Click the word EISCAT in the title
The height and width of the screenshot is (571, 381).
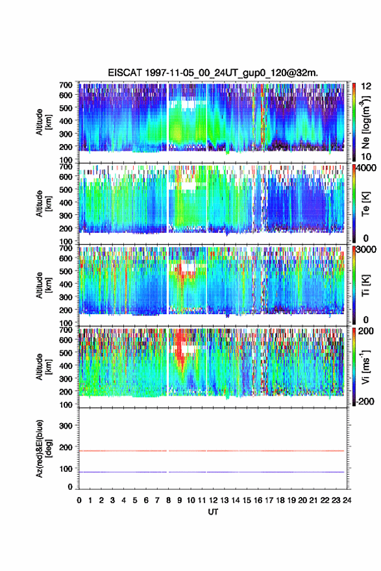coord(125,73)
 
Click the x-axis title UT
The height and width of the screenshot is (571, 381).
coord(213,512)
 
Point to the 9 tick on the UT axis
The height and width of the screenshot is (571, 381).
coord(180,500)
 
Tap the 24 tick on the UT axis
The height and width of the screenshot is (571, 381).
coord(347,500)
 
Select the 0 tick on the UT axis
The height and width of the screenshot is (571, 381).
coord(79,500)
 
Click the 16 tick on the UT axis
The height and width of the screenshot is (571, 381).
coord(258,500)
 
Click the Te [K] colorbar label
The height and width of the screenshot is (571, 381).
coord(365,204)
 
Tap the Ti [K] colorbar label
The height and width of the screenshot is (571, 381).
coord(365,285)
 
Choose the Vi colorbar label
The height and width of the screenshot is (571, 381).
coord(365,367)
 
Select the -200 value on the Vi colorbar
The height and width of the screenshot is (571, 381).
coord(364,401)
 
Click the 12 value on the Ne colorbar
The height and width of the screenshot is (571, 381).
coord(366,86)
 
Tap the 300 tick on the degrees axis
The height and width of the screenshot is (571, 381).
coord(66,426)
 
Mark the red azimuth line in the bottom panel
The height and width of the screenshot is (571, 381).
coord(212,451)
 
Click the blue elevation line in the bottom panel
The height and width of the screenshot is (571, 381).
coord(212,472)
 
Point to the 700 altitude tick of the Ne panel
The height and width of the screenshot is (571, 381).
coord(66,85)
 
